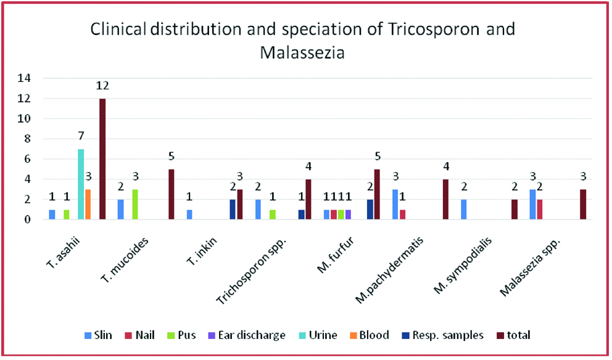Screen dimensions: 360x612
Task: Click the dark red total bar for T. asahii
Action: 102,159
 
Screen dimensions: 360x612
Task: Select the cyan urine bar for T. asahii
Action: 81,184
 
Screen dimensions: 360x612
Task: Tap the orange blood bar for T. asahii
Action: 88,204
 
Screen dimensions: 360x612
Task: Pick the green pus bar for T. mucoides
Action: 135,204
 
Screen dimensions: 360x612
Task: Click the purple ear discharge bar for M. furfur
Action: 348,215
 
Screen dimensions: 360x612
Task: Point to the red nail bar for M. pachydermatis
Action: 403,215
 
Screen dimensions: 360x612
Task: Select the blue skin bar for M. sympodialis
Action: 464,210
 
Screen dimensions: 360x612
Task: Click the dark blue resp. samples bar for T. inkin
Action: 232,210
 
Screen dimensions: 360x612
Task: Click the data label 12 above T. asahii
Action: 102,86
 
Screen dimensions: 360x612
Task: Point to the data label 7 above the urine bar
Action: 81,136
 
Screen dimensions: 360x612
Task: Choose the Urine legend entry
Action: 320,335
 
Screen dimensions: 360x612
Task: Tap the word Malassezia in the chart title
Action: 302,52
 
